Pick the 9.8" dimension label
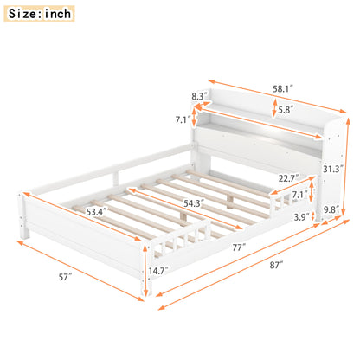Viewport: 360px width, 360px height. (331, 209)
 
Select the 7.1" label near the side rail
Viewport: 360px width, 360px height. (298, 196)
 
